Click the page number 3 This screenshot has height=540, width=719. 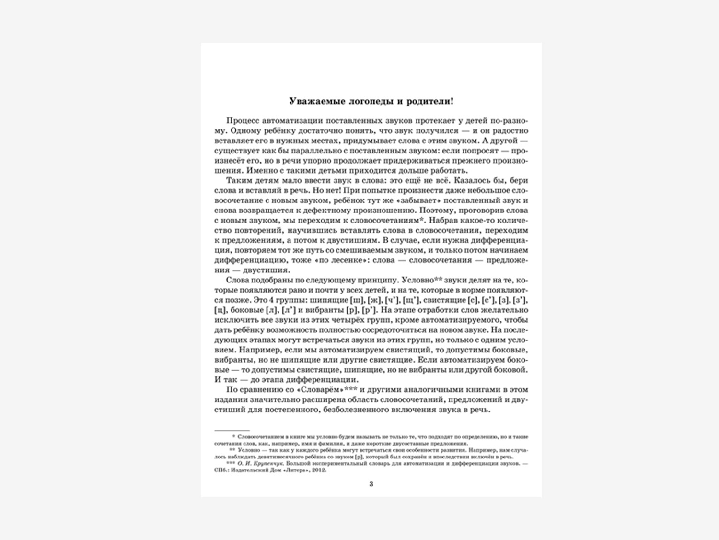coord(371,484)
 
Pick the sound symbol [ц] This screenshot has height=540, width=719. coord(220,310)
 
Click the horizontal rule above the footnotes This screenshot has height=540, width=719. coord(232,431)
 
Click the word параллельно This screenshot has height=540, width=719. coord(295,151)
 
